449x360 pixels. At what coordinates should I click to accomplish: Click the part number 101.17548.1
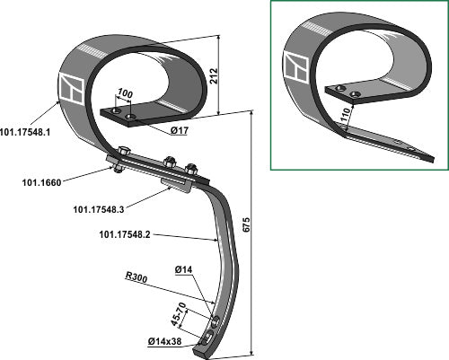(x=25, y=132)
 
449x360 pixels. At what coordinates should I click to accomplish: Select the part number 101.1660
(x=41, y=182)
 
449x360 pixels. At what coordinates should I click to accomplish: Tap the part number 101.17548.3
(x=99, y=209)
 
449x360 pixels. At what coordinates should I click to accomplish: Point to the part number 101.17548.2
(x=125, y=234)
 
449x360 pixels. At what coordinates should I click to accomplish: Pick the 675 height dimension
(x=245, y=224)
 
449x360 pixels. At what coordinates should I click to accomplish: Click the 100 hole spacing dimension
(x=125, y=93)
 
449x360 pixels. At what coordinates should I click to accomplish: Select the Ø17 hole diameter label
(x=180, y=130)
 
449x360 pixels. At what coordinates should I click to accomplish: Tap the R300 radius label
(x=136, y=277)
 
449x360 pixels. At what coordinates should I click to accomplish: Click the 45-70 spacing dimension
(x=179, y=314)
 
